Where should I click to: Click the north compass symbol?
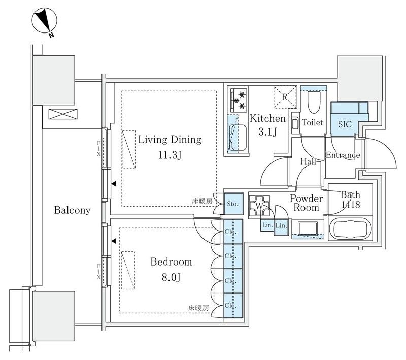click(x=43, y=22)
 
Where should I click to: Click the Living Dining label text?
click(x=170, y=140)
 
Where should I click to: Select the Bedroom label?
click(x=171, y=262)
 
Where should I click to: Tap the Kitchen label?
click(x=267, y=119)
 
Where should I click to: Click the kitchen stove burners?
click(x=239, y=99)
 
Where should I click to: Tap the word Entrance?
click(x=343, y=155)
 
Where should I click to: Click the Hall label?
click(x=308, y=161)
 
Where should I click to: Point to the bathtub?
click(x=351, y=229)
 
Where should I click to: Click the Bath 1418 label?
click(x=350, y=200)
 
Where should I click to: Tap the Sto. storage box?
click(x=233, y=204)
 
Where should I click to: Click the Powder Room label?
click(x=307, y=203)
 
